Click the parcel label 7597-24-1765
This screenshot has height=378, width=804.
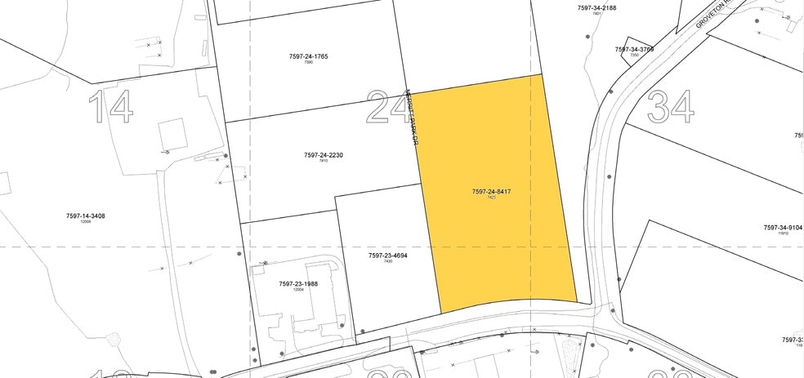pos(308,56)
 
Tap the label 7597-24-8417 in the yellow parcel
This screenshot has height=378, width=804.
pos(492,192)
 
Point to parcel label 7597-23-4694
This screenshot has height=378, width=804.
pos(387,256)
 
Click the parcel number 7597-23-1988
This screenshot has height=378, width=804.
pos(298,284)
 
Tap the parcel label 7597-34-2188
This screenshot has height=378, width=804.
pos(596,7)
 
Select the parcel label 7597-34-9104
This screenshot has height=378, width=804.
pos(783,228)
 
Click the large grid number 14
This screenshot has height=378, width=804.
pos(110,107)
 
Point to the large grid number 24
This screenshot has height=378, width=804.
pos(388,107)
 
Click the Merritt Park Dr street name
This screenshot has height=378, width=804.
pos(412,119)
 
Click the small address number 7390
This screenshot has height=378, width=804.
pos(308,63)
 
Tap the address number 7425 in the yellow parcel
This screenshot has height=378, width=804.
pos(492,198)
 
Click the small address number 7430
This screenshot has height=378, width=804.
pos(387,262)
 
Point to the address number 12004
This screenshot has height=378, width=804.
pos(298,291)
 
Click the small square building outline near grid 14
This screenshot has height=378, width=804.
pos(172,134)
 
